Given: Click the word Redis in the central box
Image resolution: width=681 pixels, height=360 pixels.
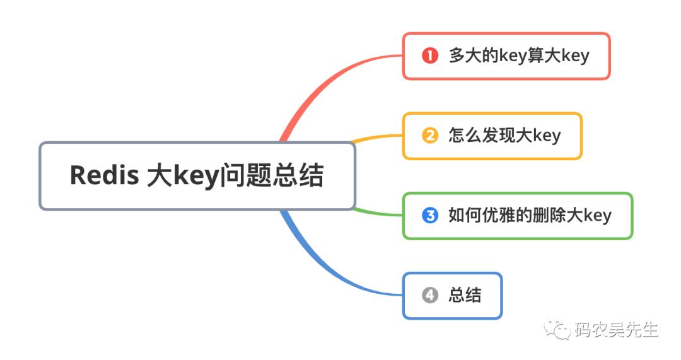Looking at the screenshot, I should [x=104, y=175].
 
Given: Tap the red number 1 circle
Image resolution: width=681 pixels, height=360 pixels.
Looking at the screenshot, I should [x=429, y=55].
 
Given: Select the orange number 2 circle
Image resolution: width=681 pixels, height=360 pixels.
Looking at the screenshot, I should [x=429, y=136].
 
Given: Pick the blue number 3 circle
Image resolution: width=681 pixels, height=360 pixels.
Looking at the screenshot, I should [x=429, y=216].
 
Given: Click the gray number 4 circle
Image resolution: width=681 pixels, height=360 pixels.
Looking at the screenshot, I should [x=429, y=295].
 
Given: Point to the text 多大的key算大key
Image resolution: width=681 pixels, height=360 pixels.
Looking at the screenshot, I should [x=518, y=55].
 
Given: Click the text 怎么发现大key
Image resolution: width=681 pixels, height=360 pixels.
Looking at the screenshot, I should [x=504, y=136].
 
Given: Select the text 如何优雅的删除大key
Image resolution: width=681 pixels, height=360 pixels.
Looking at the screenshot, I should [x=530, y=216].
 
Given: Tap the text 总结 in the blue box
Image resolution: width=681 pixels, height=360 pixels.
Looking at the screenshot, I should [x=465, y=295].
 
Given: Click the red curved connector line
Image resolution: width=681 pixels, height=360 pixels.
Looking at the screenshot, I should [x=315, y=88].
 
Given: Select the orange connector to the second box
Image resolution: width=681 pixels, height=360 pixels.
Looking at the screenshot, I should [x=378, y=137].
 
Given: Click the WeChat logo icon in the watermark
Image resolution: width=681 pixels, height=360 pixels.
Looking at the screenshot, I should [x=558, y=328].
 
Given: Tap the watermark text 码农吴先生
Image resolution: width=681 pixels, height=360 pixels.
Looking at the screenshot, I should [x=616, y=329].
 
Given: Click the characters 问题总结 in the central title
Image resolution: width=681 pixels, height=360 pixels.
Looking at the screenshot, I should [x=271, y=175].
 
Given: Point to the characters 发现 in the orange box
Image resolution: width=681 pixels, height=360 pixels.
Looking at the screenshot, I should [x=499, y=136].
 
